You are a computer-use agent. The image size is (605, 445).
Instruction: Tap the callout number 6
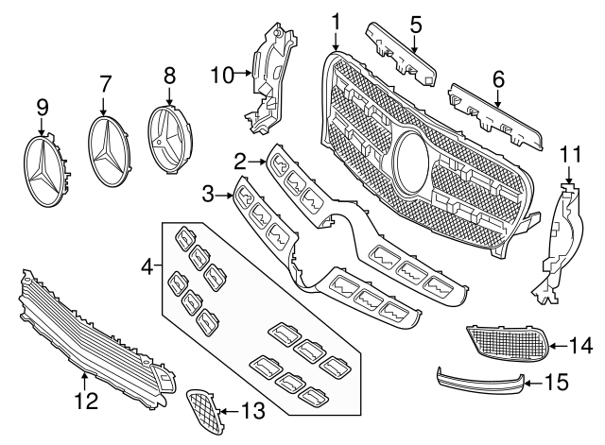497,76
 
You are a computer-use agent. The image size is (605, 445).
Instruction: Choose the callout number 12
86,402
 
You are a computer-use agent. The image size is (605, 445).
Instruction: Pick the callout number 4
146,269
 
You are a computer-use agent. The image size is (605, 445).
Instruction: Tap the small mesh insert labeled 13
202,406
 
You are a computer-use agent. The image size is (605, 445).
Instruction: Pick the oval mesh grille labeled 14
508,343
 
